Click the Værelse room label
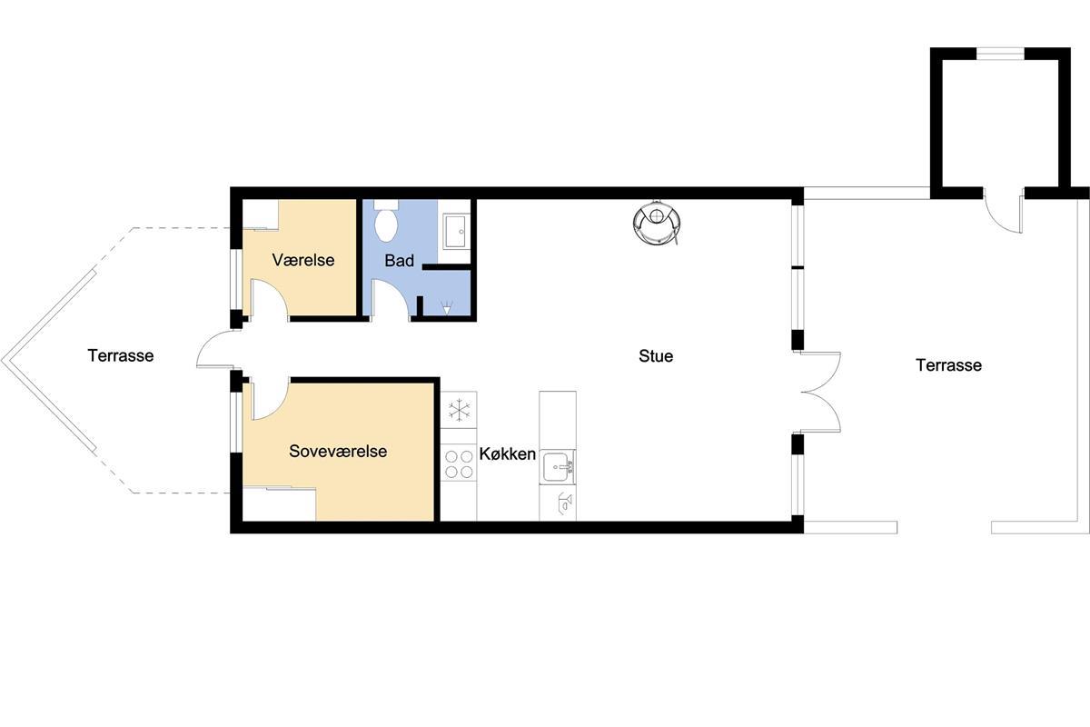pyautogui.click(x=303, y=260)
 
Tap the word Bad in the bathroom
pyautogui.click(x=399, y=261)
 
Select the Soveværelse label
pyautogui.click(x=338, y=451)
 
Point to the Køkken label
pyautogui.click(x=508, y=453)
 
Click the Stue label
pyautogui.click(x=656, y=356)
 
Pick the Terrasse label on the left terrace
pyautogui.click(x=121, y=355)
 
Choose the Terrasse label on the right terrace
pyautogui.click(x=949, y=364)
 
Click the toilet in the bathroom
pyautogui.click(x=386, y=222)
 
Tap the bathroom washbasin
pyautogui.click(x=456, y=231)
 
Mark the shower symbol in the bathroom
pyautogui.click(x=447, y=308)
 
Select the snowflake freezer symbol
pyautogui.click(x=460, y=410)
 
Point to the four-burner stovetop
pyautogui.click(x=460, y=464)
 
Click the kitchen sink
pyautogui.click(x=558, y=466)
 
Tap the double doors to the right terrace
pyautogui.click(x=821, y=392)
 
